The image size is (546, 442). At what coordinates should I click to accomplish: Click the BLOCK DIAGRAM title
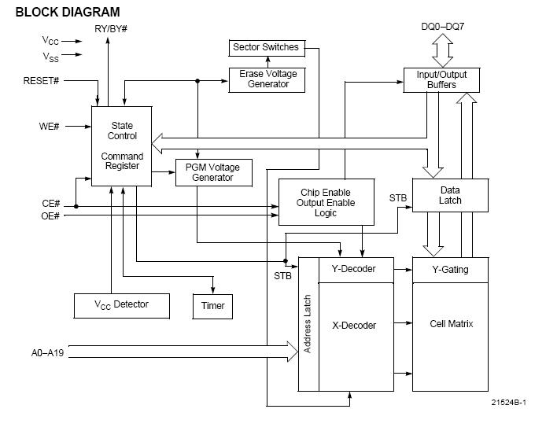coord(68,12)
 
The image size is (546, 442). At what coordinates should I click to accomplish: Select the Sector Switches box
coord(267,48)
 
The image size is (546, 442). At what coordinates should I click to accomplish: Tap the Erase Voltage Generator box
coord(267,80)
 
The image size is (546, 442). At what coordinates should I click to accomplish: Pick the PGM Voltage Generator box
coord(214,172)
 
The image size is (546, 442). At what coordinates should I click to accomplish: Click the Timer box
coord(212,306)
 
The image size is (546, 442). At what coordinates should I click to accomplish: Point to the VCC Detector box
coord(122,306)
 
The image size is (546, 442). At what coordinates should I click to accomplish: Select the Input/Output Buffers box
coord(441,80)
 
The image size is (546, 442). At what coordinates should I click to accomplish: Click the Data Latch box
coord(450,195)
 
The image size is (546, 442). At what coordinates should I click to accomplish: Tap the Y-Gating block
coord(450,270)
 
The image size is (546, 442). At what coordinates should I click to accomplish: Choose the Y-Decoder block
coord(356,270)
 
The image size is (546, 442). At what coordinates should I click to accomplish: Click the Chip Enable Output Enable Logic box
coord(326,202)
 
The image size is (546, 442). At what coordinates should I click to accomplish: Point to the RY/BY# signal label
coord(111,29)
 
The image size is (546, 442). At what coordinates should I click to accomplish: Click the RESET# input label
coord(41,81)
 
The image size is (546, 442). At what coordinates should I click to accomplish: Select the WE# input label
coord(49,127)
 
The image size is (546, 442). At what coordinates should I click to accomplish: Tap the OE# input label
coord(50,216)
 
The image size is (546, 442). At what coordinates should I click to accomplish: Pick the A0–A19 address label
coord(47,353)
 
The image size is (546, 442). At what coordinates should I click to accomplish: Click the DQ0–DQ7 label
coord(443,27)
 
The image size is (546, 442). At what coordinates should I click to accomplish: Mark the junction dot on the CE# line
coord(76,206)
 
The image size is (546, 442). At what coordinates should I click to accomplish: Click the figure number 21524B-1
coord(509,403)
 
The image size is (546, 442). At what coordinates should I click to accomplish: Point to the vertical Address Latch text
coord(307,324)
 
